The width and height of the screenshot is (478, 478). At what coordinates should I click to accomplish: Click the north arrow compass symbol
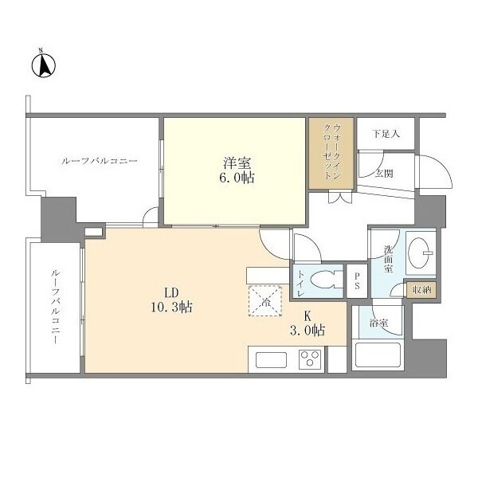[44, 65]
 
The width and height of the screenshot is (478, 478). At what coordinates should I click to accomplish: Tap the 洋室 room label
[237, 163]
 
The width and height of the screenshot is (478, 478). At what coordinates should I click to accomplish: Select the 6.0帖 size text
[237, 178]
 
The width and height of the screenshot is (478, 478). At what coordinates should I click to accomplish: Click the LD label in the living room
[171, 293]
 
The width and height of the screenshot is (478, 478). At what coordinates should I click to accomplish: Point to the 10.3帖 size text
[171, 307]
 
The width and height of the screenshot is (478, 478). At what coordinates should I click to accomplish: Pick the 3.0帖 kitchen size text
[308, 331]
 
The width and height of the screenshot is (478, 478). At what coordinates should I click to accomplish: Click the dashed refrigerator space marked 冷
[265, 301]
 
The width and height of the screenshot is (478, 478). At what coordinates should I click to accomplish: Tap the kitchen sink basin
[271, 360]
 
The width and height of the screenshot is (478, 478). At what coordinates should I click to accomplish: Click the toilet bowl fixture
[323, 280]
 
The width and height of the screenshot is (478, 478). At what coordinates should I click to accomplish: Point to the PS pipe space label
[357, 280]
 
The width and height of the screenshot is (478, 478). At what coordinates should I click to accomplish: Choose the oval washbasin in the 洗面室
[418, 252]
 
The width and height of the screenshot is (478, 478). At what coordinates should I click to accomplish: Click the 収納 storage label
[421, 290]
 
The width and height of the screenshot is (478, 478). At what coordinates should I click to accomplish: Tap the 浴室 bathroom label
[378, 323]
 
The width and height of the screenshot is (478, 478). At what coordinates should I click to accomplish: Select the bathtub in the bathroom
[378, 355]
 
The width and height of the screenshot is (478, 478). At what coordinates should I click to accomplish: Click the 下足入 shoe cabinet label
[386, 134]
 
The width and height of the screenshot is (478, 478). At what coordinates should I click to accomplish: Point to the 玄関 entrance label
[384, 174]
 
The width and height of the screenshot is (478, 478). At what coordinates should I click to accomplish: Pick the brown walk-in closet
[331, 153]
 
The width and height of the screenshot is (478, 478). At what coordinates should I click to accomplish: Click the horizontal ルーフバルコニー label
[100, 161]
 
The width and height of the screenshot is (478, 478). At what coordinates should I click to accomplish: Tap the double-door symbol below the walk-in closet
[340, 197]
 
